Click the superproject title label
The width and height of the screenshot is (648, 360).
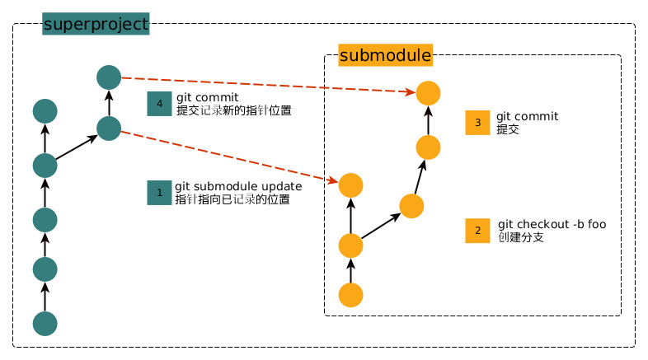tap(95, 24)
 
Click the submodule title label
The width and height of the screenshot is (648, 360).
tap(385, 56)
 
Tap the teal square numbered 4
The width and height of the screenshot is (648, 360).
tap(159, 103)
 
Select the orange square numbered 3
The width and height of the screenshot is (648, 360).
tap(477, 123)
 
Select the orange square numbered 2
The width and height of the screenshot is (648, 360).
tap(477, 231)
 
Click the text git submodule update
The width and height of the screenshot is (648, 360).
tap(237, 186)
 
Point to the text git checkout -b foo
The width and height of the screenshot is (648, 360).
tap(552, 225)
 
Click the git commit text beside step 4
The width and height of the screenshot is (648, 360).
tap(207, 97)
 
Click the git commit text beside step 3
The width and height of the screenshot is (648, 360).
tap(527, 117)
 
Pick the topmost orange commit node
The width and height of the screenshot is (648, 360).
tap(428, 93)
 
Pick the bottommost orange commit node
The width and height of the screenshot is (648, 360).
tap(351, 295)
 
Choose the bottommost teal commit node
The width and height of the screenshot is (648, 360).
tap(45, 324)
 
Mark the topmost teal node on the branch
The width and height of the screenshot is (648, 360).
tap(109, 77)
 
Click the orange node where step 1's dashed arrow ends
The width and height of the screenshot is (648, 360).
tap(351, 185)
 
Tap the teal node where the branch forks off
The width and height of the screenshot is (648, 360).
tap(45, 165)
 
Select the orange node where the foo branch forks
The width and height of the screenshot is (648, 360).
tap(351, 245)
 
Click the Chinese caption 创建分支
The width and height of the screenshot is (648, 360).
tap(520, 237)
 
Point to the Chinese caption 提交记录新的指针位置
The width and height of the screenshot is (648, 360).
tap(233, 110)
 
